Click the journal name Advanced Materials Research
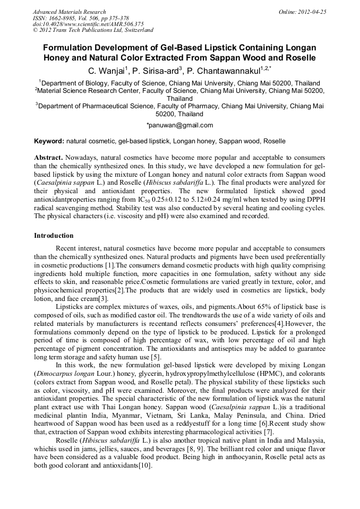point(69,12)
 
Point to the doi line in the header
point(88,24)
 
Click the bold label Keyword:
point(49,141)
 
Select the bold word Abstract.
point(49,158)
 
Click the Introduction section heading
point(54,235)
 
